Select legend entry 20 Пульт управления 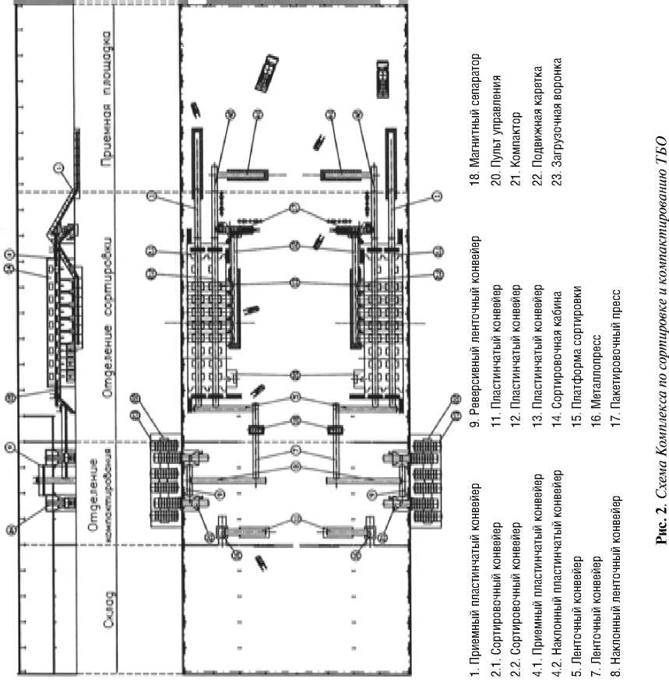[x=496, y=132]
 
